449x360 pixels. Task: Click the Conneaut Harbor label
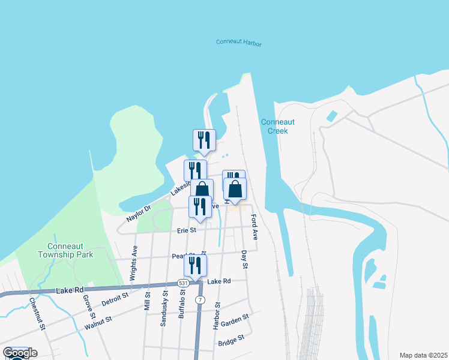coord(239,43)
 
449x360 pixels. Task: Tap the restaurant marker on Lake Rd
coord(195,265)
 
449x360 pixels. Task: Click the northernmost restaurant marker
coord(204,140)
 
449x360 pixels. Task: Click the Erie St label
coord(186,230)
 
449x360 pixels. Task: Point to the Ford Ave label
coord(255,227)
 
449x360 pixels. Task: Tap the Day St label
coord(245,259)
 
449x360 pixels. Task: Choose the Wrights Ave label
coord(135,259)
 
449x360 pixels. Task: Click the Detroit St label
coord(115,298)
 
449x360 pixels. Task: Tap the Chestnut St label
coord(37,313)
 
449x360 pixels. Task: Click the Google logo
coord(20,353)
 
